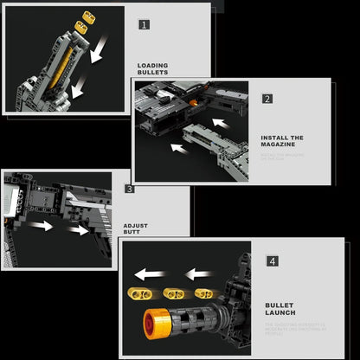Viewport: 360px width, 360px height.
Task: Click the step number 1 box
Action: click(x=145, y=24)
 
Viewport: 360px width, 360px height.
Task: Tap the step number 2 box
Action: click(x=267, y=99)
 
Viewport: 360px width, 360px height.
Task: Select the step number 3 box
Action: click(x=130, y=188)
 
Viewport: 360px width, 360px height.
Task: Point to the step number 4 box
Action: click(x=273, y=260)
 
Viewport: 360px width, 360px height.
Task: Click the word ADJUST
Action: click(x=136, y=226)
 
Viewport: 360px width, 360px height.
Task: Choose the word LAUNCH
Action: click(x=281, y=312)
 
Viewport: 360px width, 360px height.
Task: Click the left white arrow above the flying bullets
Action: click(x=152, y=276)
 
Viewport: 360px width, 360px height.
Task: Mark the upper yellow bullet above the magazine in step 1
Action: click(x=87, y=16)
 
